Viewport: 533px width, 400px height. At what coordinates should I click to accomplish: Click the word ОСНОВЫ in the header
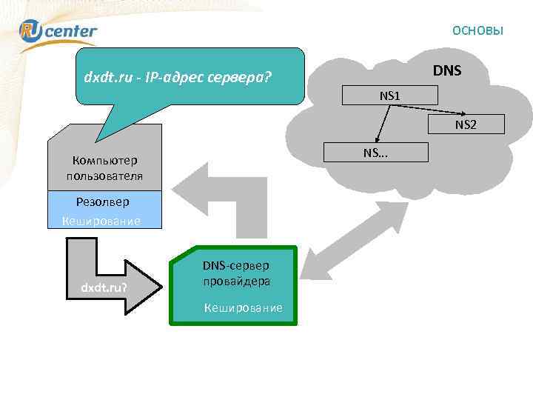(x=477, y=30)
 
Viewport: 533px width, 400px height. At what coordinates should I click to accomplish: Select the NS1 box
(x=389, y=96)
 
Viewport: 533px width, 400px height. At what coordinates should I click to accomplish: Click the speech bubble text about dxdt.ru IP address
(x=178, y=76)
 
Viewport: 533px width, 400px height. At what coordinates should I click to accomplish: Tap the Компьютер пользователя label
(x=104, y=167)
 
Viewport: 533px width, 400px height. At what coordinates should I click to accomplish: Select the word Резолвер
(x=102, y=201)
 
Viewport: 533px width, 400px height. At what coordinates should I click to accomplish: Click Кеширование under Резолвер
(x=102, y=221)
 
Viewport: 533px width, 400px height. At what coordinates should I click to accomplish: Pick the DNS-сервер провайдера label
(x=237, y=273)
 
